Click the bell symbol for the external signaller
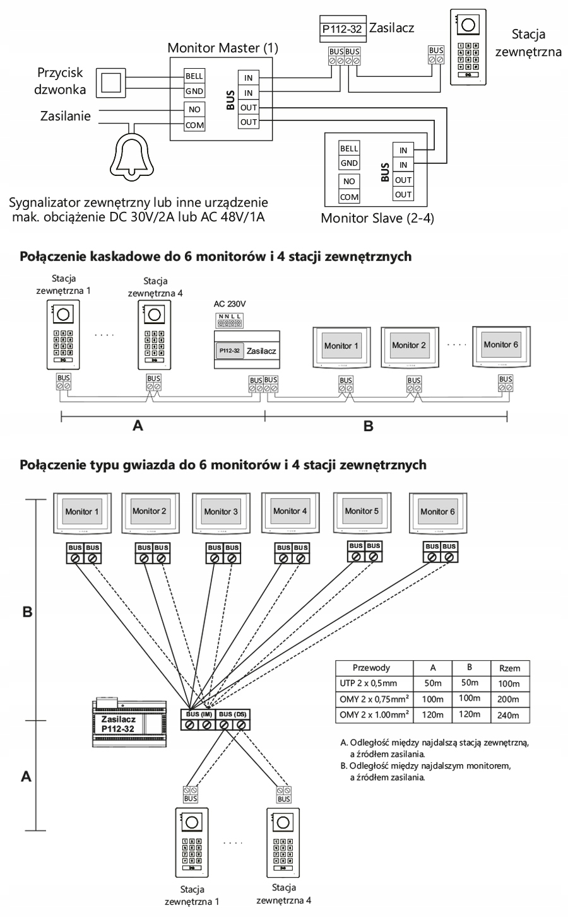(133, 151)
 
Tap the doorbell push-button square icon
(111, 82)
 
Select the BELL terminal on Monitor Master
(193, 76)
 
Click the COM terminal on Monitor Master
(193, 125)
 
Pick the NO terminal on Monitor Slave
(349, 182)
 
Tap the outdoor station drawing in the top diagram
(468, 47)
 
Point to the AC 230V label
(229, 303)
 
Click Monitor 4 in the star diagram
(290, 511)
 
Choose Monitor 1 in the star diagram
(82, 511)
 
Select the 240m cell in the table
(508, 716)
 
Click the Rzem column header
(509, 668)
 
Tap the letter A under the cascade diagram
(138, 426)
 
